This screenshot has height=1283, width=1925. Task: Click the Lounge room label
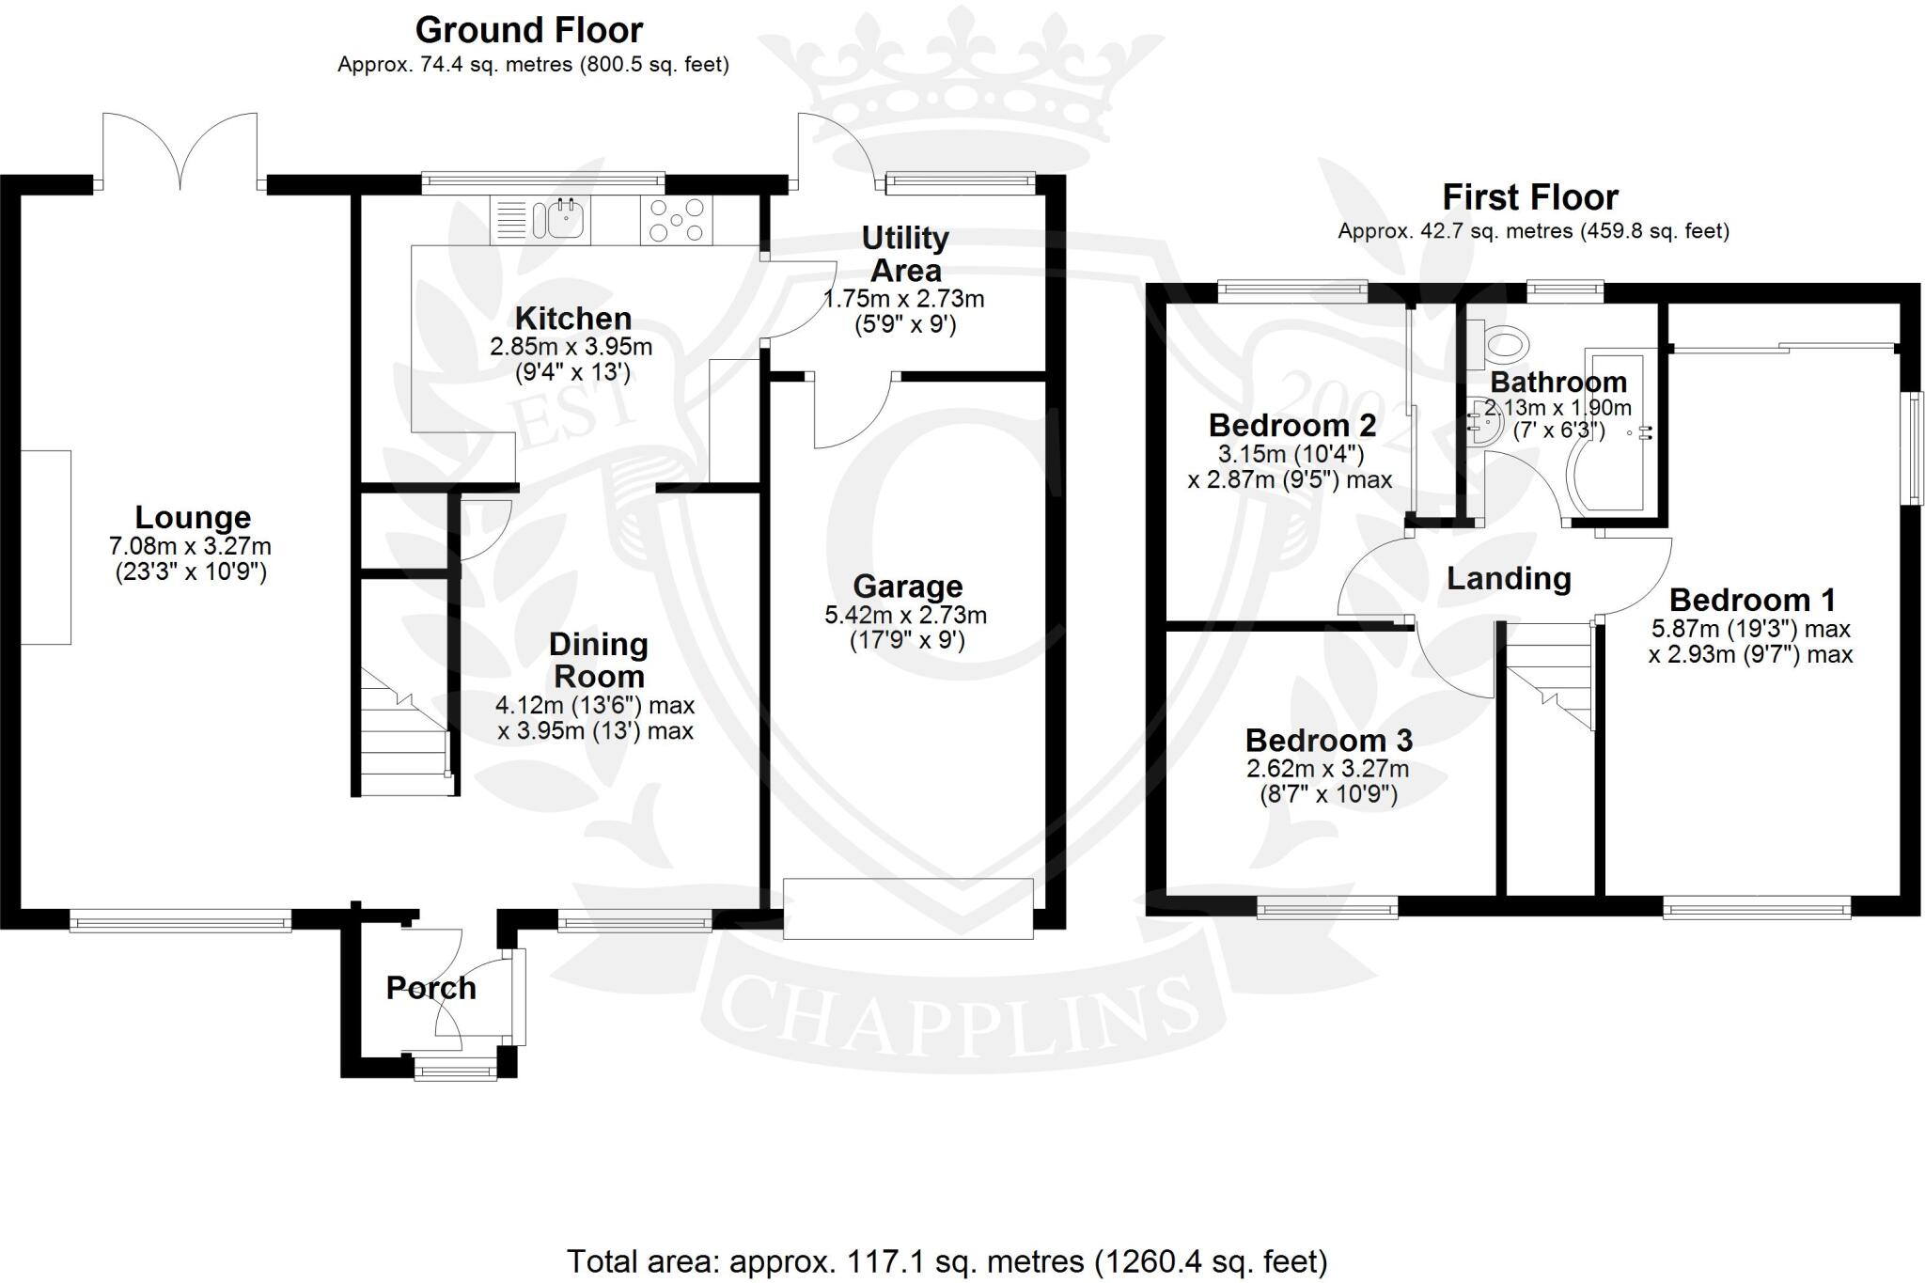193,517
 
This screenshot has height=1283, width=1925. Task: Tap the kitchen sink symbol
559,220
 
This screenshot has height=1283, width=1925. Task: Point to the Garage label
907,587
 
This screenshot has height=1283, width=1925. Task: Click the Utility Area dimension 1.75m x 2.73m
904,300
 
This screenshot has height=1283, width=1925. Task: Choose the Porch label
430,988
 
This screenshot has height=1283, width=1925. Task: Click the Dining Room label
598,660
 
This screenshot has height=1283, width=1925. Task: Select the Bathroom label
1557,382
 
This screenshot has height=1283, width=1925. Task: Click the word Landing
1508,578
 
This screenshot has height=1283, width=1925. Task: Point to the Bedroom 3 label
1328,741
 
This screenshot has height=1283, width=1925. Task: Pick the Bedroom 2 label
1291,425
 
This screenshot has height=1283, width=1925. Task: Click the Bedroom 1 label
1752,600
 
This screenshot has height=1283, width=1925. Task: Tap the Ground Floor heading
529,30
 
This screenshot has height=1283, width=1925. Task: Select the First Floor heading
1530,197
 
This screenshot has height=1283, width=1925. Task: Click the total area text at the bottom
947,1260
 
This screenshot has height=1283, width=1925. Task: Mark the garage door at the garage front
908,908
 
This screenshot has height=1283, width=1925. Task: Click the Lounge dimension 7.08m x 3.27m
191,546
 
